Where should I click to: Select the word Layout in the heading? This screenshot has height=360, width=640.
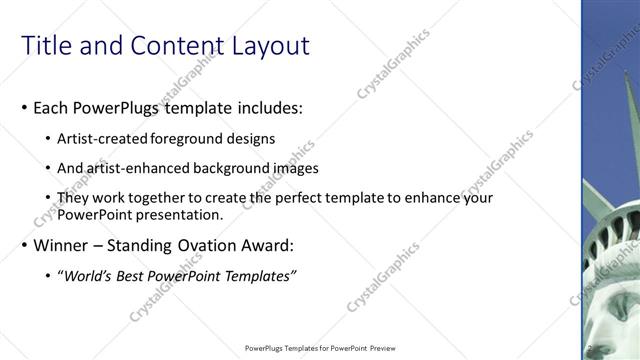(270, 46)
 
